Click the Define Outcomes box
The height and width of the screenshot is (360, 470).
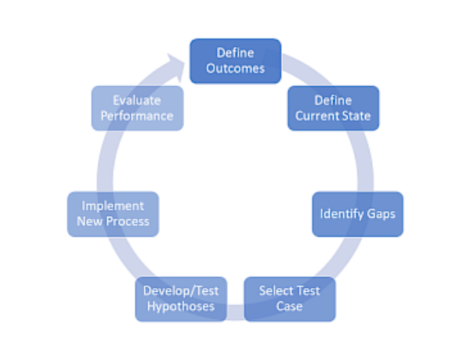(x=235, y=60)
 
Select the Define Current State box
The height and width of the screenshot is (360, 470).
(x=333, y=108)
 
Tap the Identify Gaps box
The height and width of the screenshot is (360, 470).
(x=357, y=214)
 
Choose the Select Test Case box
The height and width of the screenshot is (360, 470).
(x=289, y=298)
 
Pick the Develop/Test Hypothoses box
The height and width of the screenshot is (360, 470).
(x=181, y=298)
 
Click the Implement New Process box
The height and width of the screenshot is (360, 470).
(x=113, y=214)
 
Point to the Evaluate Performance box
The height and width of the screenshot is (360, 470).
(x=137, y=108)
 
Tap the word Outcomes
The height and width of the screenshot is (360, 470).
(x=235, y=68)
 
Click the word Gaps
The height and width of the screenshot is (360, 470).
(x=380, y=214)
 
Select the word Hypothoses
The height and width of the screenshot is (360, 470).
(x=181, y=306)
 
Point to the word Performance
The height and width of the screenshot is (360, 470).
(x=137, y=116)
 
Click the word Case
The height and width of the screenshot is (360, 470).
(x=289, y=306)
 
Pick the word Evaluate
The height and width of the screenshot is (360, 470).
(x=137, y=100)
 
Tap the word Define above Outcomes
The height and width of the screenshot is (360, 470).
(x=235, y=52)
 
